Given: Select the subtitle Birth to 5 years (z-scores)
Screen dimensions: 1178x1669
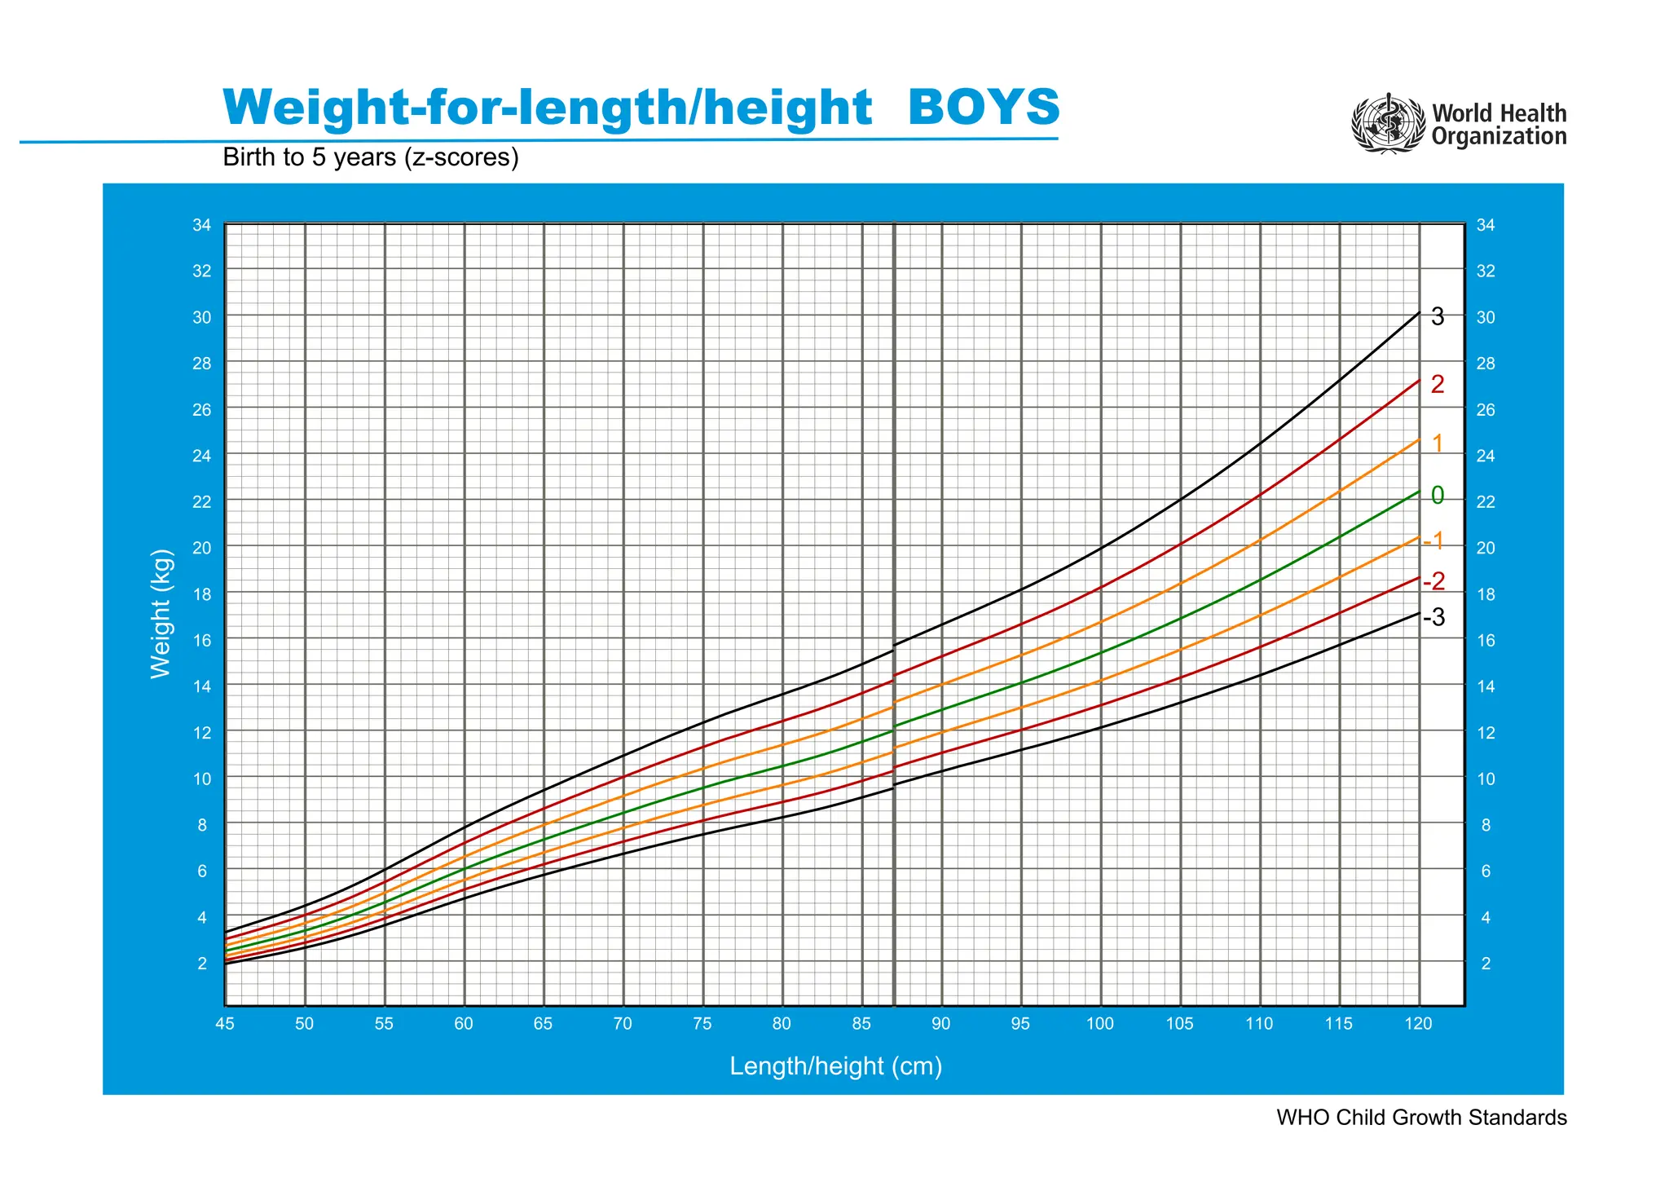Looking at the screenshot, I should pos(371,157).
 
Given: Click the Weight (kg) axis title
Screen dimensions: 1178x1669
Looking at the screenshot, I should pos(161,614).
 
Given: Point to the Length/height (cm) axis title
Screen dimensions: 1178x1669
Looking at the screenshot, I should pos(836,1065).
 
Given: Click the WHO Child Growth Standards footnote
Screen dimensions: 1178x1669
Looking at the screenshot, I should pos(1421,1117).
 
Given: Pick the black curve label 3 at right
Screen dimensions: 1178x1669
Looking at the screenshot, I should pos(1438,317).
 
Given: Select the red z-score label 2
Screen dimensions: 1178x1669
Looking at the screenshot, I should pos(1438,385).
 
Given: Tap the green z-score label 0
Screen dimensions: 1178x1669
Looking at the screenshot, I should pos(1438,495).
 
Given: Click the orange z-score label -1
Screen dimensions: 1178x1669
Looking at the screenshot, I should pos(1434,540).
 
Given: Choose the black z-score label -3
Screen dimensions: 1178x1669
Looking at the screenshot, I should pos(1434,618).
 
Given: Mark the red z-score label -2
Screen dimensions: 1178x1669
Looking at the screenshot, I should pos(1434,581).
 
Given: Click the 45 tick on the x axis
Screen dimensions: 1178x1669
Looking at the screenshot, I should pos(224,1024).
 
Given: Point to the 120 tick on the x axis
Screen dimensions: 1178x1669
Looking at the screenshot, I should pos(1419,1024).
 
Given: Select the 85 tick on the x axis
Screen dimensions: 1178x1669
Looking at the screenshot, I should pos(861,1024).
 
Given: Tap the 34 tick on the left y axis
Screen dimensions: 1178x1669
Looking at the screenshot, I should pos(201,225).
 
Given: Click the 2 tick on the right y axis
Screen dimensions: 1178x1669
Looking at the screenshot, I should pos(1486,964).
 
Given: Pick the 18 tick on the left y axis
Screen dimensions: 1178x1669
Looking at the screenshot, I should pos(201,594).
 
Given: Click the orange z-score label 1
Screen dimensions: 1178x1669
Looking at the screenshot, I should pos(1438,443).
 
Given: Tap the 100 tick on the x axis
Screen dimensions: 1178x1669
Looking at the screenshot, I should pos(1100,1024).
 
